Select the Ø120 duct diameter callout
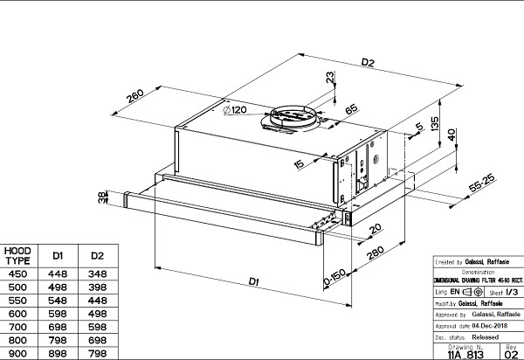pyautogui.click(x=237, y=111)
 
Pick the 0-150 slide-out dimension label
pyautogui.click(x=334, y=275)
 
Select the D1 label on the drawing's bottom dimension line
pyautogui.click(x=253, y=281)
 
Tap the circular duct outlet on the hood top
pyautogui.click(x=293, y=119)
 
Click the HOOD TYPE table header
pyautogui.click(x=18, y=256)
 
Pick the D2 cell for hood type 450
pyautogui.click(x=97, y=273)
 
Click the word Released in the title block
pyautogui.click(x=486, y=335)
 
